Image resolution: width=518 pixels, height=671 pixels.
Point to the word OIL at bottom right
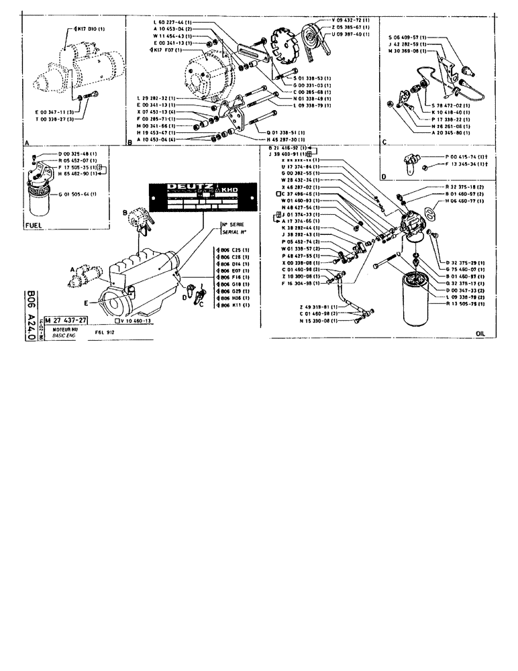click(480, 332)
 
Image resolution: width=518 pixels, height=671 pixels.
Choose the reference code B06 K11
click(232, 305)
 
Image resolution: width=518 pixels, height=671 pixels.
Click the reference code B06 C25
click(232, 250)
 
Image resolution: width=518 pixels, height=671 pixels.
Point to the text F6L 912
click(106, 331)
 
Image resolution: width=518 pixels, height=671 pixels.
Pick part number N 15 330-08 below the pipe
click(301, 321)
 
